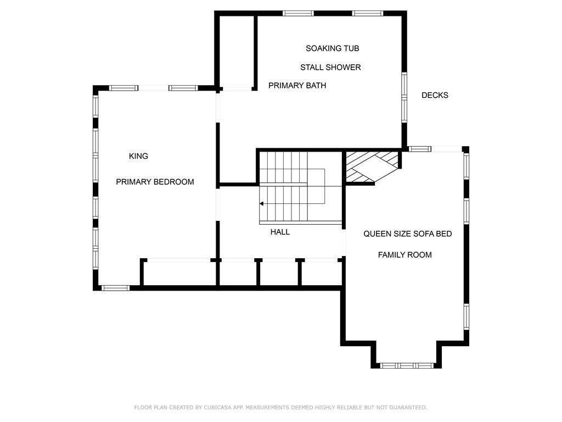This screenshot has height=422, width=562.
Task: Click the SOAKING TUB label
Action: click(x=332, y=48)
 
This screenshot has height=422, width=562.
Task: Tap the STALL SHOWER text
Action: click(x=330, y=68)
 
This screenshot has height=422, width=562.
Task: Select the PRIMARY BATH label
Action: click(x=297, y=86)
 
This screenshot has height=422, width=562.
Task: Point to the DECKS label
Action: click(x=435, y=96)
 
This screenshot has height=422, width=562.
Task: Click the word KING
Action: click(x=138, y=157)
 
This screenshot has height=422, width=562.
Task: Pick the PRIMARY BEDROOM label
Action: click(x=155, y=182)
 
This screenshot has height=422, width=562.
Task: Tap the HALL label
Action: click(x=280, y=232)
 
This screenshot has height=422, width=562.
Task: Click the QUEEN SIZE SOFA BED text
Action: click(x=408, y=234)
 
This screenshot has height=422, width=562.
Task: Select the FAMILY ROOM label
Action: click(x=404, y=255)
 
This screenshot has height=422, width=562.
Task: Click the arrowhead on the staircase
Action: click(x=262, y=204)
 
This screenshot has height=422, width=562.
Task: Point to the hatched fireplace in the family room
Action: click(x=372, y=167)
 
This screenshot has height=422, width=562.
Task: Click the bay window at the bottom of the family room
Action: click(x=407, y=365)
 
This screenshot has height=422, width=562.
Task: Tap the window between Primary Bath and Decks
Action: click(x=404, y=97)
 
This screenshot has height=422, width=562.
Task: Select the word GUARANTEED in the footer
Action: click(x=408, y=408)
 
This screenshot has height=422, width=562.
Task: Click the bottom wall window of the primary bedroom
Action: click(x=115, y=288)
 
